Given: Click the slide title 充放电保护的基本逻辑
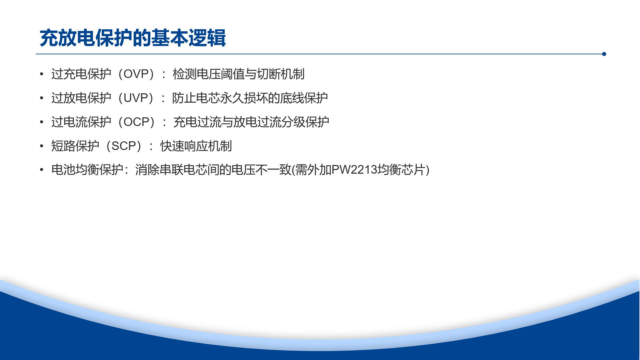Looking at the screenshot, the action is [x=133, y=38].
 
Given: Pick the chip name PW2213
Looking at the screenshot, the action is [x=354, y=170].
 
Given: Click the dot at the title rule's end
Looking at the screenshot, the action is [x=604, y=54].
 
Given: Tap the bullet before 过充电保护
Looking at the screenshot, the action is [x=42, y=74].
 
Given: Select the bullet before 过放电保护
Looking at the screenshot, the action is [x=42, y=98].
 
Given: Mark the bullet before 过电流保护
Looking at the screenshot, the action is [x=42, y=122].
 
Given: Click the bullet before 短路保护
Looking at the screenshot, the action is [x=42, y=146].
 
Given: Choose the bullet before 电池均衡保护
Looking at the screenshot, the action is [x=42, y=170].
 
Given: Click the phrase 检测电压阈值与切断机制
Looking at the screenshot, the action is [x=238, y=74].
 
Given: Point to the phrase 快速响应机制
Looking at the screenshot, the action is [x=196, y=146].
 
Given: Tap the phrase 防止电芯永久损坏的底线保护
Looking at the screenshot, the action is [x=250, y=98].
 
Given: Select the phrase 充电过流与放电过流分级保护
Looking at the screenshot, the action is [x=251, y=122].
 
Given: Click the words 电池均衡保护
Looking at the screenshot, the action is [x=87, y=170].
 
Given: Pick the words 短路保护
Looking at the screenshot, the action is [x=75, y=146].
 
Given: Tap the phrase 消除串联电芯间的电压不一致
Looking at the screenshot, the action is [x=213, y=170].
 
